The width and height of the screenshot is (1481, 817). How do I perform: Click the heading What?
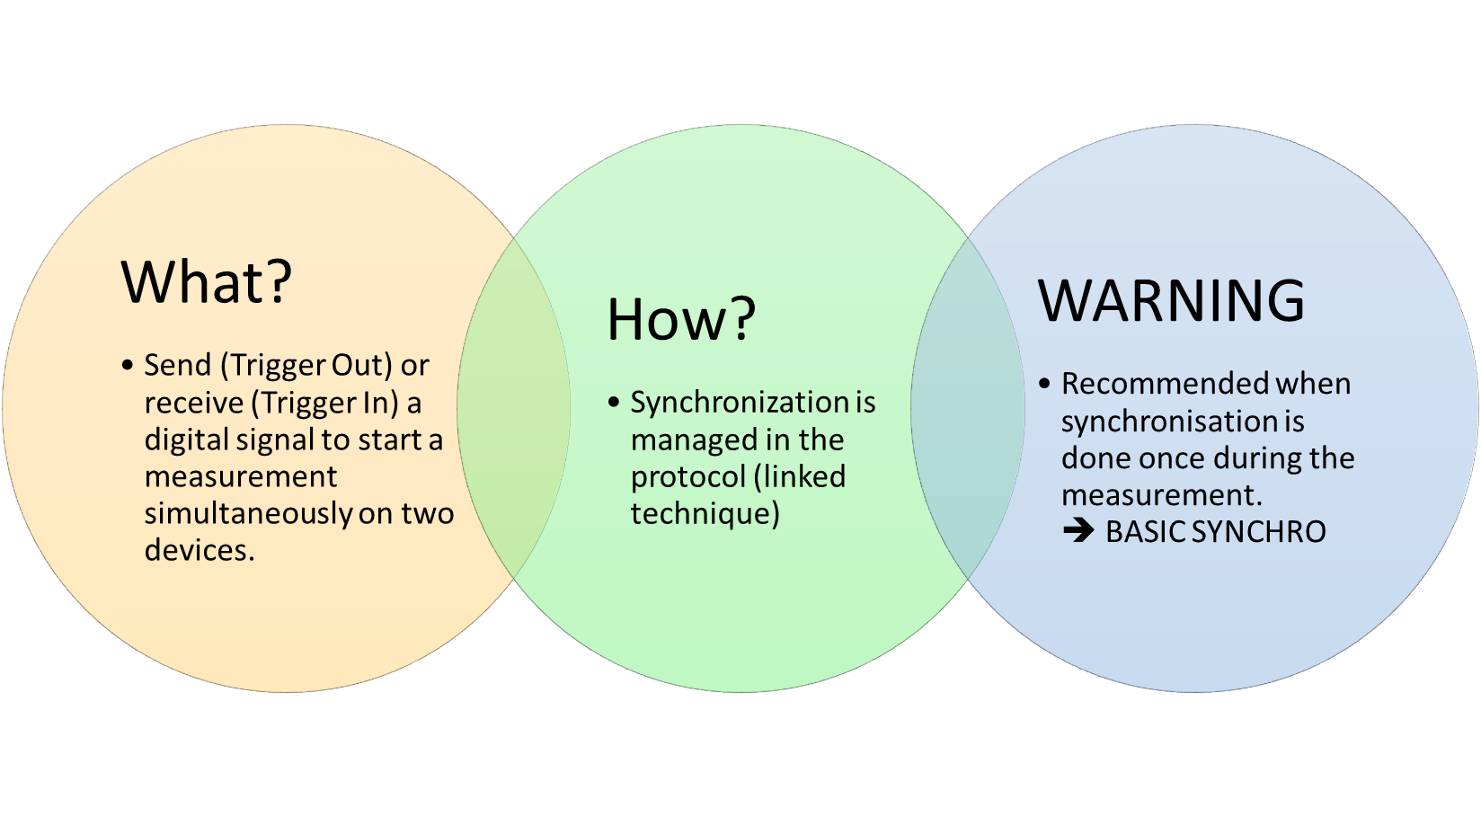pyautogui.click(x=207, y=282)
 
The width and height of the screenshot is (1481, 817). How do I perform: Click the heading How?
pyautogui.click(x=681, y=319)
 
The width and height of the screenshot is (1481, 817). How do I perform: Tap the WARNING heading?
pyautogui.click(x=1171, y=300)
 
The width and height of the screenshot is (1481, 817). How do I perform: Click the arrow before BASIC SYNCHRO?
pyautogui.click(x=1077, y=531)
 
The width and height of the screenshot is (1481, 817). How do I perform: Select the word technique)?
pyautogui.click(x=705, y=514)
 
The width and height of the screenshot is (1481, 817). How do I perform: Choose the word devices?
pyautogui.click(x=200, y=551)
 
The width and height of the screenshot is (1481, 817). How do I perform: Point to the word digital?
pyautogui.click(x=186, y=440)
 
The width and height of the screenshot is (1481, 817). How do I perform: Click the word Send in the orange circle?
pyautogui.click(x=177, y=366)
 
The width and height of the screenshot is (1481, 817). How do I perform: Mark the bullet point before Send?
pyautogui.click(x=128, y=365)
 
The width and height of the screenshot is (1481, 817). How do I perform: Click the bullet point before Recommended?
pyautogui.click(x=1044, y=384)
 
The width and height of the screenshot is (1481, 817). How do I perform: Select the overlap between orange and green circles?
pyautogui.click(x=514, y=408)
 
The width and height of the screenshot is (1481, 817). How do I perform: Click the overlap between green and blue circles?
pyautogui.click(x=968, y=408)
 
